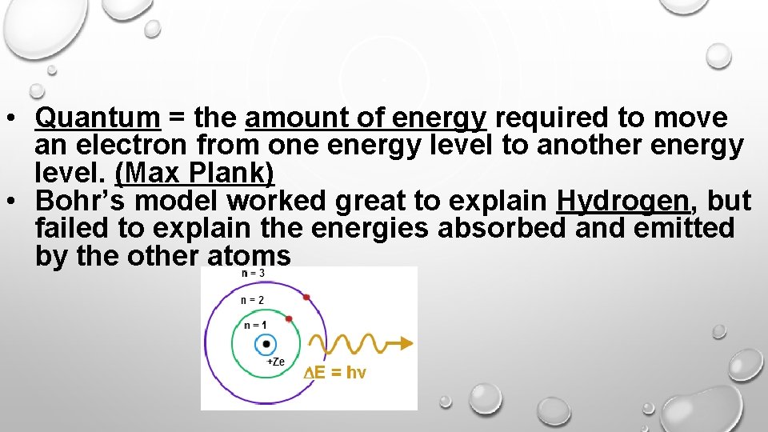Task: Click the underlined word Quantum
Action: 98,118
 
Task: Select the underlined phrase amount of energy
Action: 366,118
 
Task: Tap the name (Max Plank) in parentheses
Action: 194,173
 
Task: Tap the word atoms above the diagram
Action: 249,255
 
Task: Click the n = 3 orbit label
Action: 253,274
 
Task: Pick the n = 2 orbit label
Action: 252,300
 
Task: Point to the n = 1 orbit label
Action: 255,324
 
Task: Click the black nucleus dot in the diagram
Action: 266,344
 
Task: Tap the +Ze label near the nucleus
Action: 274,362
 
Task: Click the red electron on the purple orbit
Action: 306,298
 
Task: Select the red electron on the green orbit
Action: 289,318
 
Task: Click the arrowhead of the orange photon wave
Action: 407,343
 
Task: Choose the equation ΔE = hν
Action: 335,373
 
